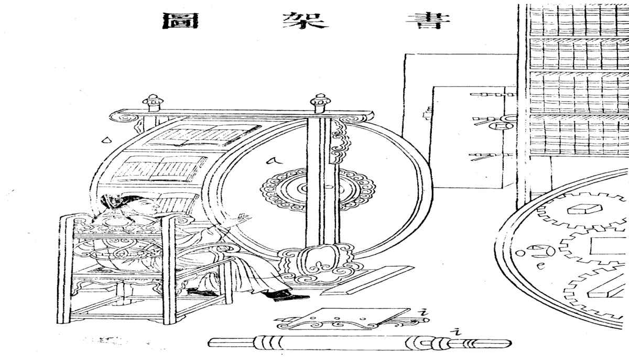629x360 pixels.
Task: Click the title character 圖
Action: (x=179, y=20)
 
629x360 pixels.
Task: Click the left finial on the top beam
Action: (x=153, y=102)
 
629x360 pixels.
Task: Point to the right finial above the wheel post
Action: (x=319, y=103)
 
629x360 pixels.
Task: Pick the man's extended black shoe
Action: (x=291, y=297)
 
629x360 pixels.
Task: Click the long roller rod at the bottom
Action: (x=359, y=343)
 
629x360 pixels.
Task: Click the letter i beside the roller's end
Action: (x=457, y=331)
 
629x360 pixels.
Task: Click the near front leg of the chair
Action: (x=168, y=272)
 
